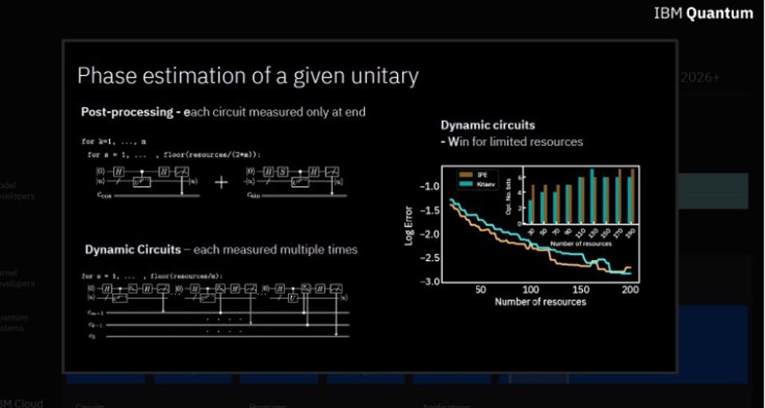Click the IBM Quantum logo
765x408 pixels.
703,13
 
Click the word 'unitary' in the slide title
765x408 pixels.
381,76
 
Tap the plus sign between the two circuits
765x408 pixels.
221,182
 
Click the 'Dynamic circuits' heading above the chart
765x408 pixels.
488,125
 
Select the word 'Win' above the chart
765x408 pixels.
459,141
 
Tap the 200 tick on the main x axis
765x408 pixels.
629,290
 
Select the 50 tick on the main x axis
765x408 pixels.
480,290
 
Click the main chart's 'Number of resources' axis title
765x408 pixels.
540,302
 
